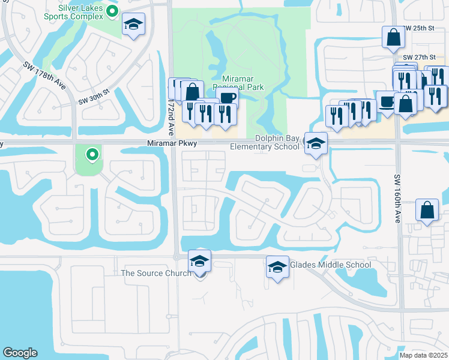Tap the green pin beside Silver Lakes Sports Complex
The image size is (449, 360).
(x=112, y=11)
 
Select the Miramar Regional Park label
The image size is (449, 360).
(x=243, y=83)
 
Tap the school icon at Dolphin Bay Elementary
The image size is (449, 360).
(x=316, y=144)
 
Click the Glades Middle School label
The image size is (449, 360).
(x=330, y=265)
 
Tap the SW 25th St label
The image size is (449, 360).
(x=418, y=28)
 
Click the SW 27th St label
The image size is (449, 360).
(x=417, y=57)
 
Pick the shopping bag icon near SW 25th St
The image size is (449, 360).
(x=393, y=37)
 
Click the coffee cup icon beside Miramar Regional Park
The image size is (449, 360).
(x=227, y=98)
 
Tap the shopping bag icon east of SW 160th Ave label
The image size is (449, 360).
(x=427, y=210)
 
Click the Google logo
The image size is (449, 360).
(x=20, y=353)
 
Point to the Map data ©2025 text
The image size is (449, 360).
(x=423, y=355)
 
